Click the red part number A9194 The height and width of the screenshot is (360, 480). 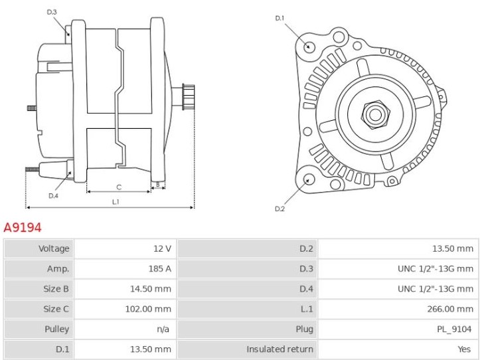[23, 228]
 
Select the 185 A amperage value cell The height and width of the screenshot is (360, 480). [163, 269]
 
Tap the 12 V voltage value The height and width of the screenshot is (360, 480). [163, 249]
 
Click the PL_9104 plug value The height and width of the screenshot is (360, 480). [455, 329]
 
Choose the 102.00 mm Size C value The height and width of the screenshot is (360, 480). [153, 309]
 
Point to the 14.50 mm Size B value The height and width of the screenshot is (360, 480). [155, 289]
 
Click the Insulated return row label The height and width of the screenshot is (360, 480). [280, 349]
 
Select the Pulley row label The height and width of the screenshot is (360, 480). [56, 329]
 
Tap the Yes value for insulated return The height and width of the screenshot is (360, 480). [466, 349]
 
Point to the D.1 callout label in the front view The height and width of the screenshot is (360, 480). [280, 18]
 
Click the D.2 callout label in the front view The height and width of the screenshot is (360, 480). [280, 209]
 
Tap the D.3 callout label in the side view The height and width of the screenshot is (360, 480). [52, 12]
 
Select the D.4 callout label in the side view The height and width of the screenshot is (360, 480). [53, 195]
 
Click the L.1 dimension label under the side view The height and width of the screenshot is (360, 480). [116, 201]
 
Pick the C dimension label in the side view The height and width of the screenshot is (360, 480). [119, 187]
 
